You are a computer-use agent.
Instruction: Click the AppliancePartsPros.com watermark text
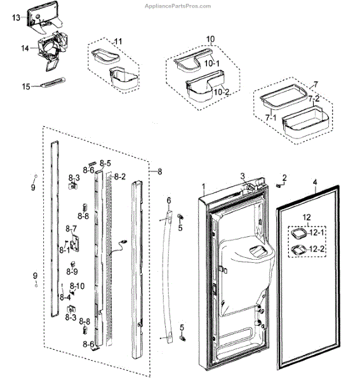tap(178, 6)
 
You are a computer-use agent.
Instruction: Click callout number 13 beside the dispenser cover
tap(17, 18)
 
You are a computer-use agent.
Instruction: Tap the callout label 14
tap(25, 48)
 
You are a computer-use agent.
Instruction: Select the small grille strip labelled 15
tap(53, 82)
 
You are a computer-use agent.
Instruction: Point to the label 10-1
tap(212, 63)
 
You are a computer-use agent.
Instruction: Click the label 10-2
tap(222, 92)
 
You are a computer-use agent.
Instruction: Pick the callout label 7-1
tap(270, 118)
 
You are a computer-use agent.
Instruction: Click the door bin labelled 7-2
tap(305, 123)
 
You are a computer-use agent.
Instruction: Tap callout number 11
tap(118, 41)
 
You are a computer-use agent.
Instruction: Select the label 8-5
tap(105, 163)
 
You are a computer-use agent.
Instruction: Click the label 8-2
tap(120, 177)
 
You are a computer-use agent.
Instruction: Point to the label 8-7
tap(71, 229)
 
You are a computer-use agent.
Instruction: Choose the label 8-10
tap(77, 286)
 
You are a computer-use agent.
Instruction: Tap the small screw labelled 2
tap(278, 185)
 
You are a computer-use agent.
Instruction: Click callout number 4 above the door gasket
tap(315, 182)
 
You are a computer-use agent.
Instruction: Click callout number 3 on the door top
tap(243, 176)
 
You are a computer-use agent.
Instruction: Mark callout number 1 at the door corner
tap(204, 187)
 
